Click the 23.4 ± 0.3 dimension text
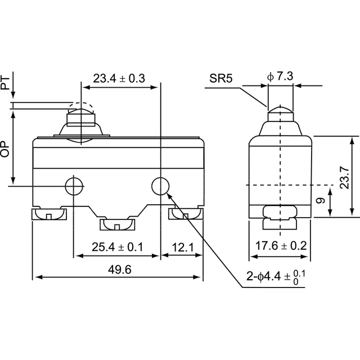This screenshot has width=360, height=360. (119, 78)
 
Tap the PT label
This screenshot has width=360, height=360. (5, 83)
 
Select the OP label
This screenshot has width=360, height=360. (5, 148)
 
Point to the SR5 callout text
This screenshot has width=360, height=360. (220, 78)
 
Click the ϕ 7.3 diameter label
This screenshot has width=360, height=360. (280, 76)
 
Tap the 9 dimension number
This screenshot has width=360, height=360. (321, 200)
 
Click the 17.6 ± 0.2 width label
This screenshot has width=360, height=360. (281, 246)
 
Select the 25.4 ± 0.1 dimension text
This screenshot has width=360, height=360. (118, 247)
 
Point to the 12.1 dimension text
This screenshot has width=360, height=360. (183, 247)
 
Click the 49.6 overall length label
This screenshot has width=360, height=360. (120, 269)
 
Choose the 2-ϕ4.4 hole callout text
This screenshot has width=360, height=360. (276, 276)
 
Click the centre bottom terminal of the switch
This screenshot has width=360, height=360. (118, 225)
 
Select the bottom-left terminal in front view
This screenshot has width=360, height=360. (49, 214)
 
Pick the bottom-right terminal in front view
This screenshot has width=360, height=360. (186, 214)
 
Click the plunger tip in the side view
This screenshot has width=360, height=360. (280, 109)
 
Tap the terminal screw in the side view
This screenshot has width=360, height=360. (280, 218)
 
